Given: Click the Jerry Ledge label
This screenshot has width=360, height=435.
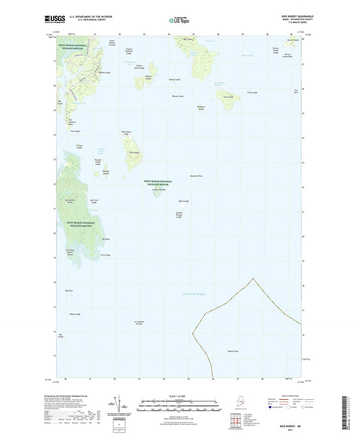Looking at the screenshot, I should [105, 255].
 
